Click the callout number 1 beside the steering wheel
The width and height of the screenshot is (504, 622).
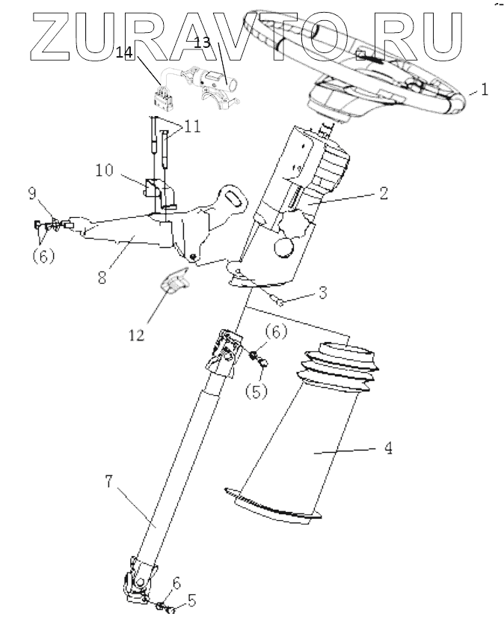tap(485, 91)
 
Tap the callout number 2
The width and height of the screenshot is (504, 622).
tap(383, 192)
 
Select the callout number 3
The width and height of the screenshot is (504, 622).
tap(322, 292)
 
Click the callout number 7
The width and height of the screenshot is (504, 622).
tap(109, 482)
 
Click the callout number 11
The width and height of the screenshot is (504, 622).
tap(192, 126)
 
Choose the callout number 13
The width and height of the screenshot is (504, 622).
tap(202, 42)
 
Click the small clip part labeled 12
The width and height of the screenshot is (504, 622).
tap(174, 282)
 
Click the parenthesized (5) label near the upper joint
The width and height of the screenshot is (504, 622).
tap(256, 391)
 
